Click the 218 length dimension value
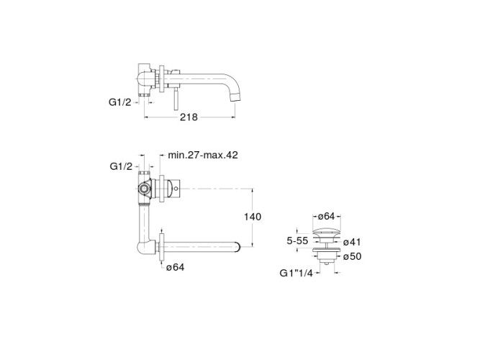point(189,117)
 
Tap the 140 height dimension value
point(253,217)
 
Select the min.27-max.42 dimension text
point(203,155)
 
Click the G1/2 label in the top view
point(119,102)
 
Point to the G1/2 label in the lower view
point(121,166)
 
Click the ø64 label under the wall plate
point(176,267)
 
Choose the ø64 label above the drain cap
point(326,216)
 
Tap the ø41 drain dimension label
point(352,242)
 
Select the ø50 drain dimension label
point(352,256)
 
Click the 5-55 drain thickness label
point(297,240)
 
